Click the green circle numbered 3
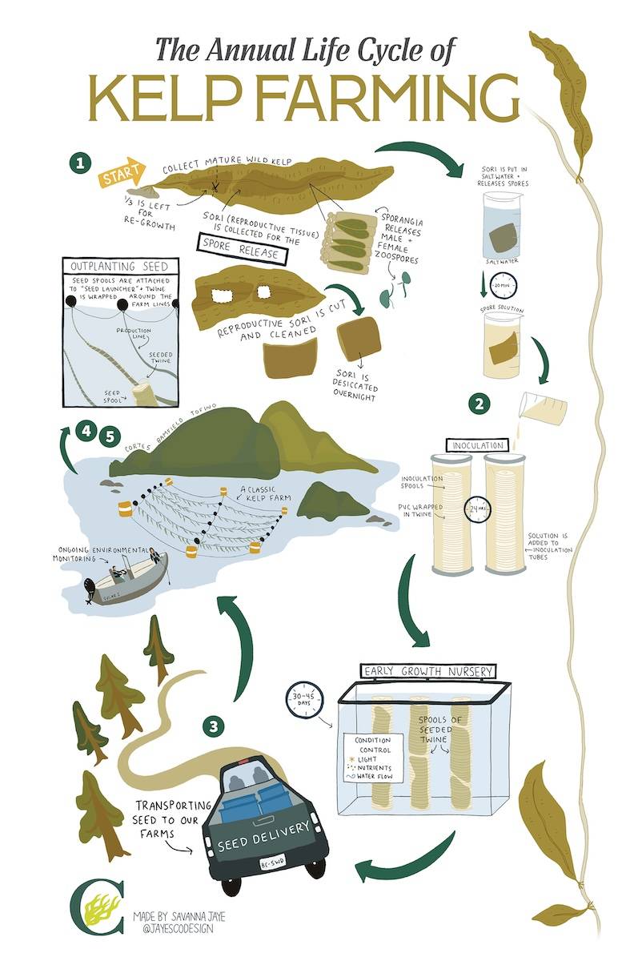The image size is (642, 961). pyautogui.click(x=212, y=726)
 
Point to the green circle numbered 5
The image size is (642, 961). pyautogui.click(x=110, y=436)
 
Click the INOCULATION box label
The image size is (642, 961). pyautogui.click(x=479, y=444)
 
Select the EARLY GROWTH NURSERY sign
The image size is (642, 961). pyautogui.click(x=428, y=671)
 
